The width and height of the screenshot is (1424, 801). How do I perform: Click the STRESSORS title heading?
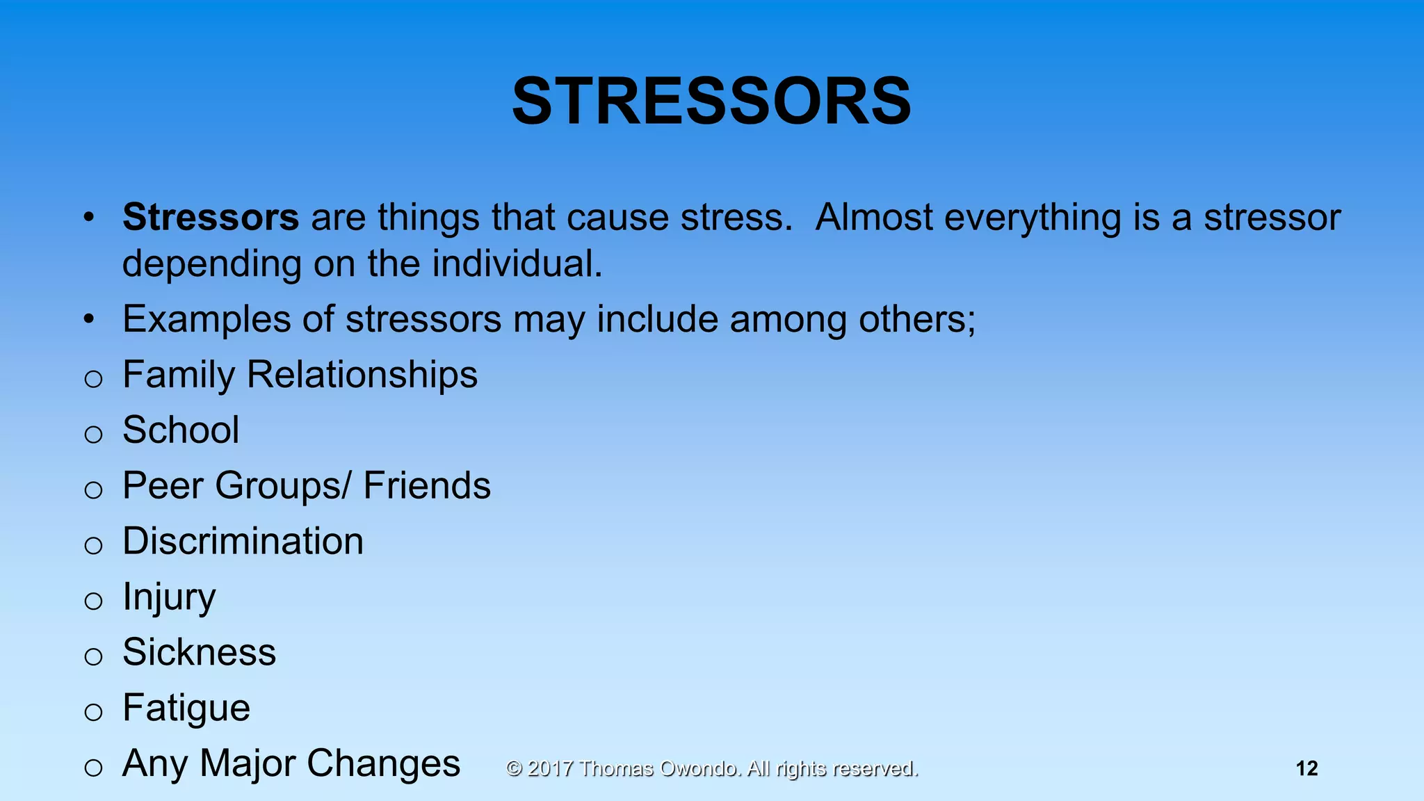[711, 102]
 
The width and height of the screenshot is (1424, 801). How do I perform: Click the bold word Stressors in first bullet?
[211, 217]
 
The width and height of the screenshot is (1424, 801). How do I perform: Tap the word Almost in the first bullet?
[874, 217]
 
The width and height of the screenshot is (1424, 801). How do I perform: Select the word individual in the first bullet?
[517, 264]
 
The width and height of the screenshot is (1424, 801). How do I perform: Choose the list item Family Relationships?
[300, 375]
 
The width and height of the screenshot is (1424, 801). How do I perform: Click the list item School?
[181, 430]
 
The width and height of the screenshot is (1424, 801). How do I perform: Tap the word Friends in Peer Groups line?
[427, 485]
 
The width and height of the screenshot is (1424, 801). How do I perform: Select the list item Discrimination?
[243, 541]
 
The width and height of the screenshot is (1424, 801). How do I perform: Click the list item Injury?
[169, 597]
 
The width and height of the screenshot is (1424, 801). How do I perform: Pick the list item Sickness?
[199, 652]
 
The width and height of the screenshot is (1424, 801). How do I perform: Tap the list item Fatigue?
[186, 708]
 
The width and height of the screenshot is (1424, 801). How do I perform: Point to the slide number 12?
[1306, 768]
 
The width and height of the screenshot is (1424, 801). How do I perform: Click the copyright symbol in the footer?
[514, 768]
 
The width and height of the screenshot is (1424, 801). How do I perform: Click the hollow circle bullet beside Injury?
[93, 601]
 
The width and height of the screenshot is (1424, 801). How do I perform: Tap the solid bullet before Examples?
[88, 320]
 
